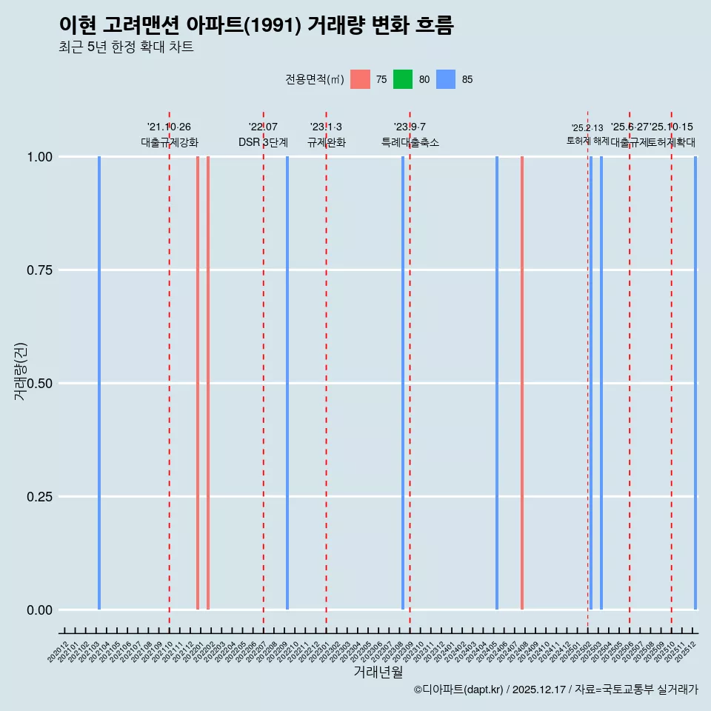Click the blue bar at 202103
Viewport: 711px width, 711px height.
pyautogui.click(x=99, y=383)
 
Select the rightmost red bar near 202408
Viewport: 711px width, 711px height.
pyautogui.click(x=522, y=383)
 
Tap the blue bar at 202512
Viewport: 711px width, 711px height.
pyautogui.click(x=695, y=383)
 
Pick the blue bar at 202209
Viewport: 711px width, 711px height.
pyautogui.click(x=287, y=383)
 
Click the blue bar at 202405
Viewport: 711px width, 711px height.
pyautogui.click(x=497, y=383)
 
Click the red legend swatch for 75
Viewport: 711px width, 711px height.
pyautogui.click(x=360, y=79)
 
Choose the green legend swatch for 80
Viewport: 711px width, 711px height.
pyautogui.click(x=403, y=79)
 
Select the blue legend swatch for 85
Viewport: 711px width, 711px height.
pyautogui.click(x=446, y=79)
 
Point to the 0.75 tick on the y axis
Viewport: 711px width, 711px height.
pyautogui.click(x=38, y=270)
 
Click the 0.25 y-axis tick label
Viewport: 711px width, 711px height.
pyautogui.click(x=38, y=497)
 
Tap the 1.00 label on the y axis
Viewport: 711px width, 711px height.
pyautogui.click(x=38, y=157)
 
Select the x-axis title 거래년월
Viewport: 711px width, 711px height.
pyautogui.click(x=378, y=672)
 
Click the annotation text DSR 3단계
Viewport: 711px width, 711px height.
pyautogui.click(x=263, y=142)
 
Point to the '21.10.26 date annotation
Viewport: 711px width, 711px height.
pyautogui.click(x=169, y=127)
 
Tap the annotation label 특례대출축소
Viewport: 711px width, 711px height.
pyautogui.click(x=410, y=142)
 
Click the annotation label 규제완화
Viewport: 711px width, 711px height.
pyautogui.click(x=327, y=142)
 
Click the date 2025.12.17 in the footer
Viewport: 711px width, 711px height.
pyautogui.click(x=540, y=690)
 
